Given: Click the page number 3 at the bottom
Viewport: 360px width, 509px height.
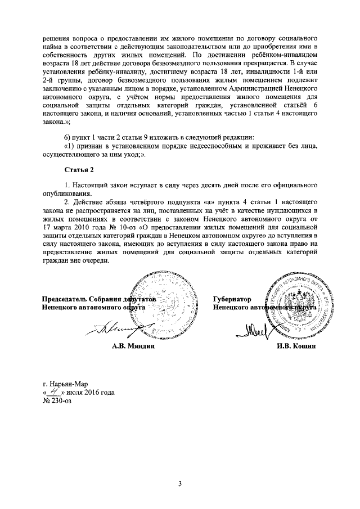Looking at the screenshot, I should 179,483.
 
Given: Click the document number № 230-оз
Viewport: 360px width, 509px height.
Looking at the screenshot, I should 58,402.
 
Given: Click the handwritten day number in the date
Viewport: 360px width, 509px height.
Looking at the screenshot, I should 55,392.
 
